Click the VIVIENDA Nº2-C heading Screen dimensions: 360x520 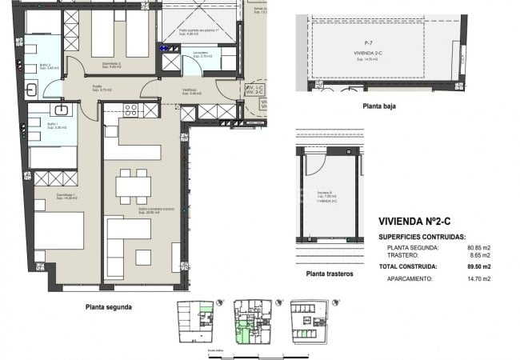click(x=420, y=222)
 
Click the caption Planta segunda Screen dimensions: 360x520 click(x=109, y=306)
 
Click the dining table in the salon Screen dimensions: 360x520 click(x=133, y=186)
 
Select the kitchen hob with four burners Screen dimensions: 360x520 click(x=130, y=110)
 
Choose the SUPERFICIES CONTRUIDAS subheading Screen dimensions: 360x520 click(x=422, y=238)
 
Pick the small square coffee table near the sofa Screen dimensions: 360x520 click(x=143, y=257)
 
